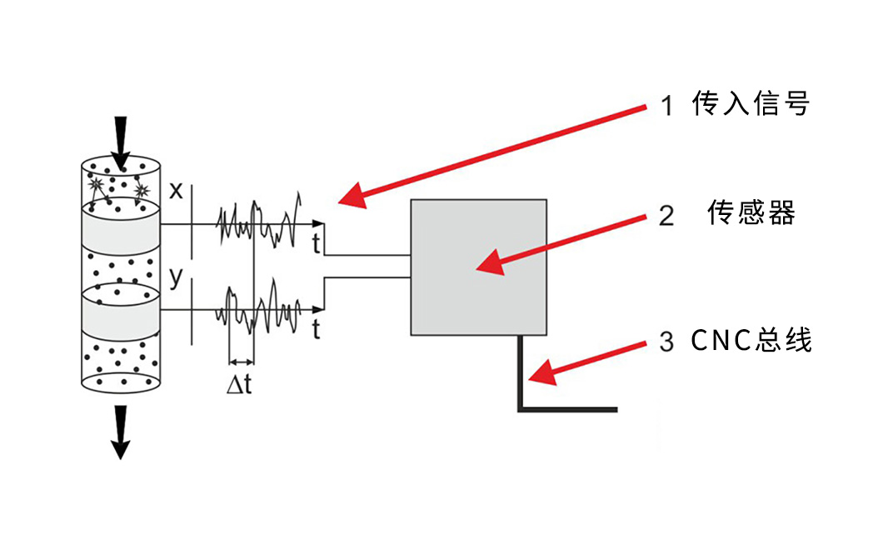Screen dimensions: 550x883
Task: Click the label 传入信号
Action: pyautogui.click(x=751, y=105)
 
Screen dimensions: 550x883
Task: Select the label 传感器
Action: pyautogui.click(x=751, y=214)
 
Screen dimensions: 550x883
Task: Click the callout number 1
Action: pyautogui.click(x=666, y=106)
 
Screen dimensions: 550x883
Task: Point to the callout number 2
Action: pyautogui.click(x=666, y=215)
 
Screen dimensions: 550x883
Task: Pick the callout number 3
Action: pyautogui.click(x=666, y=342)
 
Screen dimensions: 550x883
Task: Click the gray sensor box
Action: pyautogui.click(x=478, y=267)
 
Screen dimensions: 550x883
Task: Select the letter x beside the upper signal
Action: pyautogui.click(x=176, y=190)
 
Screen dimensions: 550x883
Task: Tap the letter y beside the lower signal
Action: pyautogui.click(x=176, y=277)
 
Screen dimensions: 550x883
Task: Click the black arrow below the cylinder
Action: pyautogui.click(x=121, y=432)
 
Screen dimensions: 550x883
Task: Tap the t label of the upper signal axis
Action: pyautogui.click(x=317, y=244)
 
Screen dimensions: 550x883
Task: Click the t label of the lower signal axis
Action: pyautogui.click(x=317, y=330)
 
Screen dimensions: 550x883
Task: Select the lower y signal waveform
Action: pyautogui.click(x=258, y=310)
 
